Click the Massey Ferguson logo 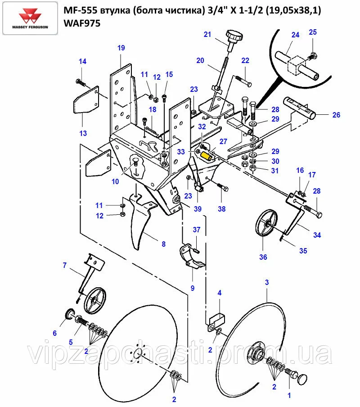coord(32,18)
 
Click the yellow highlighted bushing coord(207,156)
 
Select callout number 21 coord(207,35)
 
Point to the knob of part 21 coord(234,35)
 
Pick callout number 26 coord(336,115)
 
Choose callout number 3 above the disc coord(267,282)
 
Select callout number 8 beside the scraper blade coord(163,244)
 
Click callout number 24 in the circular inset coord(295,35)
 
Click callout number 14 coord(82,61)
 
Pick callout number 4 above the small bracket coord(220,293)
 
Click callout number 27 coord(223,141)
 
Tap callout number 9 coord(193,288)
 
